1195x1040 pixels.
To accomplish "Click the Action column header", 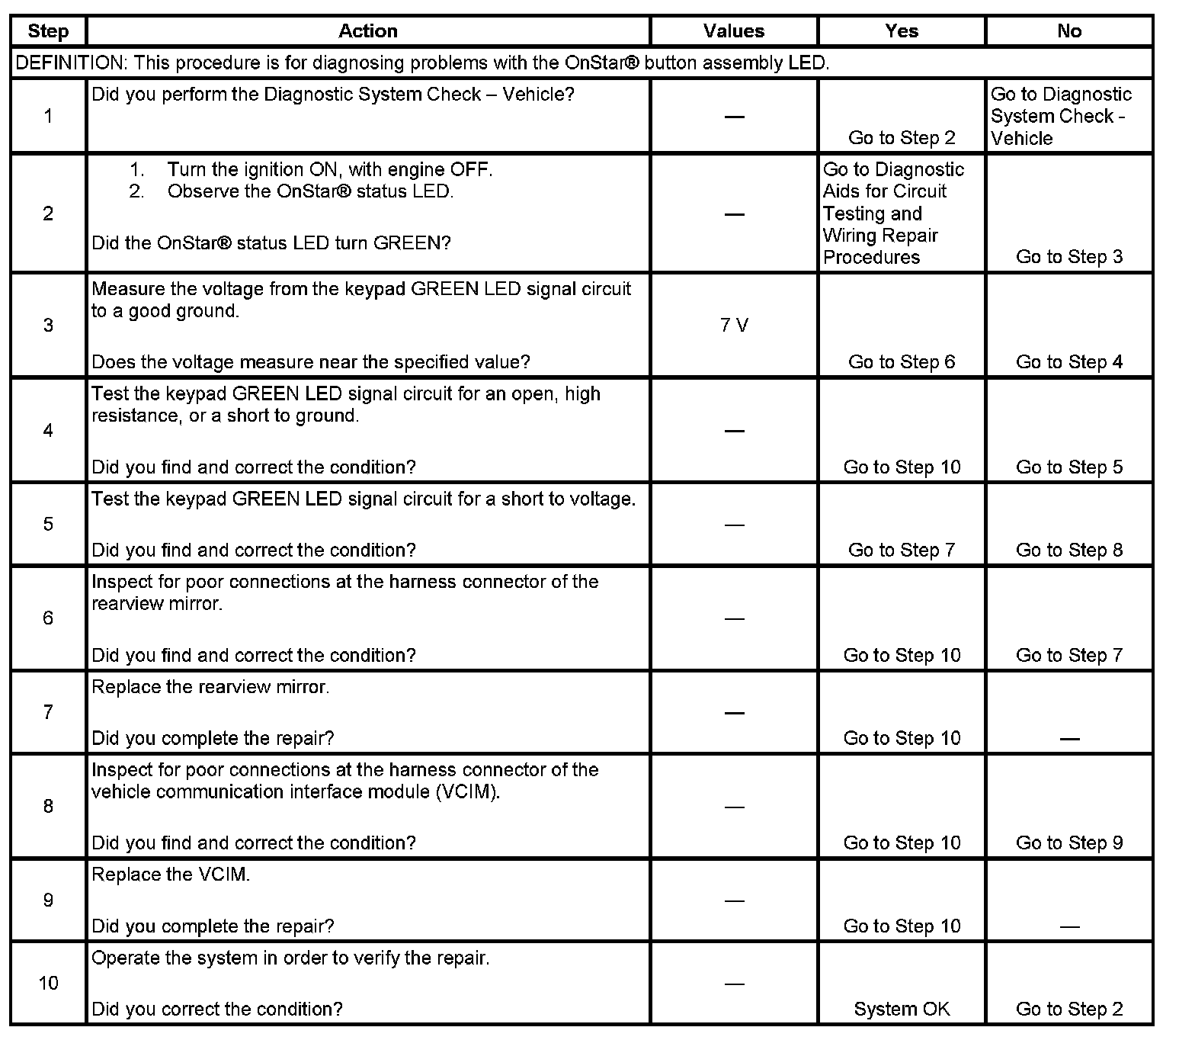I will tap(368, 31).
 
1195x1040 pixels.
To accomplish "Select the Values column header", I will tap(734, 31).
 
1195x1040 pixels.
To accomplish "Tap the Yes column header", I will tap(902, 31).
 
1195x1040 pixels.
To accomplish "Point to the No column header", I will tap(1069, 31).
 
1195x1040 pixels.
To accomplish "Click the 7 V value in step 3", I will tap(734, 326).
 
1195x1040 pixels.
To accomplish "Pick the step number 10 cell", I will tap(48, 983).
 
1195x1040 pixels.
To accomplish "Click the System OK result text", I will tap(902, 1009).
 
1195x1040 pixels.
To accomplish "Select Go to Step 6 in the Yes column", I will tap(902, 362).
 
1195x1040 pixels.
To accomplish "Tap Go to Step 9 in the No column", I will tap(1069, 843).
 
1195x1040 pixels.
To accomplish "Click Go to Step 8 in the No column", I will tap(1069, 550).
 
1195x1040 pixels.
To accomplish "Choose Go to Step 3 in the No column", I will tap(1069, 257).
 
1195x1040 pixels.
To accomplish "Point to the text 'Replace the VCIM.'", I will tap(171, 875).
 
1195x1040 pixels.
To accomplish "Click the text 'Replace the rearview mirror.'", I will tap(210, 687).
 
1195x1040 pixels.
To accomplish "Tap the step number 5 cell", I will tap(48, 524).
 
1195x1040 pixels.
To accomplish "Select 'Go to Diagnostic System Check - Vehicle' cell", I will tap(1061, 116).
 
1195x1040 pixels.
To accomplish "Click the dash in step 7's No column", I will tap(1069, 738).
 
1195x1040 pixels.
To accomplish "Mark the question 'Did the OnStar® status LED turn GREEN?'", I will tap(271, 243).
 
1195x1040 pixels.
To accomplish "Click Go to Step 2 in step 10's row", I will tap(1069, 1009).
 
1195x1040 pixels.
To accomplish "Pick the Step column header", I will tap(48, 31).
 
